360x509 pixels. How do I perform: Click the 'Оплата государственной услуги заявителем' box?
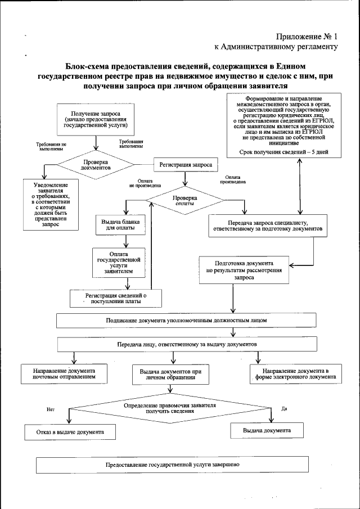click(x=119, y=262)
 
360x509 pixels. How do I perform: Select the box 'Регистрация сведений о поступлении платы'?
click(x=116, y=298)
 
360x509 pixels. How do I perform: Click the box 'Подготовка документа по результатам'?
click(x=244, y=270)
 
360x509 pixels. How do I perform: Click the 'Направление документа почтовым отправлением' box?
click(x=64, y=374)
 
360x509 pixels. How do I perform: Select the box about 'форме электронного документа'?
click(x=295, y=375)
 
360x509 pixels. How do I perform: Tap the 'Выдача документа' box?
click(x=267, y=430)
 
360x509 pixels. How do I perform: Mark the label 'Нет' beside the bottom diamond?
click(x=50, y=409)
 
